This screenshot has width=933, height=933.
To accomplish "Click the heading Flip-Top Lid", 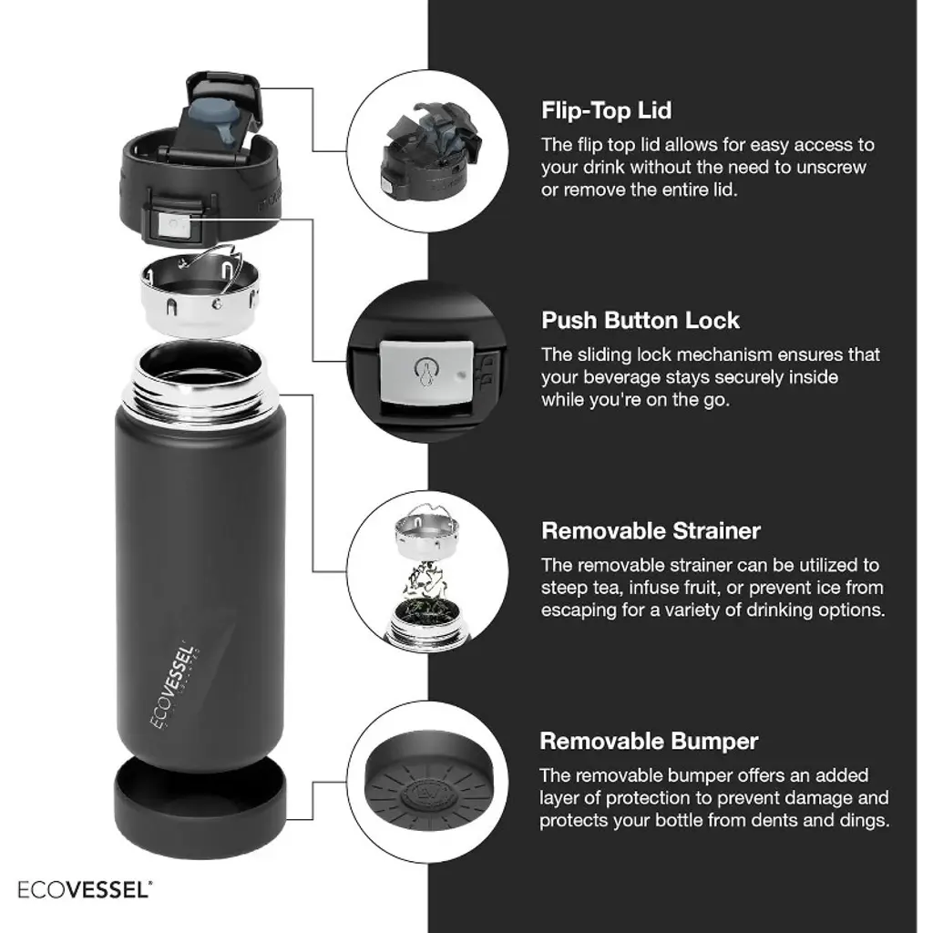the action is coord(606,110).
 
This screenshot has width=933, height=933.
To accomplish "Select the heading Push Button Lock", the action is coord(641,320).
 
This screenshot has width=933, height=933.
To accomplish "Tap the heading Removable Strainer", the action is coord(651,531).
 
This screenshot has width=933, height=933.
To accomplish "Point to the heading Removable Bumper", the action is coord(649,742).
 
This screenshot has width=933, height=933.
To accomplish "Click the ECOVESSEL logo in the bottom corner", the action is coord(85,889).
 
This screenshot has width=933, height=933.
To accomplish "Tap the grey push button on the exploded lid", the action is coord(173,227).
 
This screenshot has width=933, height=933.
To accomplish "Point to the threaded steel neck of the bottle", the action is coord(200,378).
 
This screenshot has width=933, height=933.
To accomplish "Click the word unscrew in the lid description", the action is coord(831,168).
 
